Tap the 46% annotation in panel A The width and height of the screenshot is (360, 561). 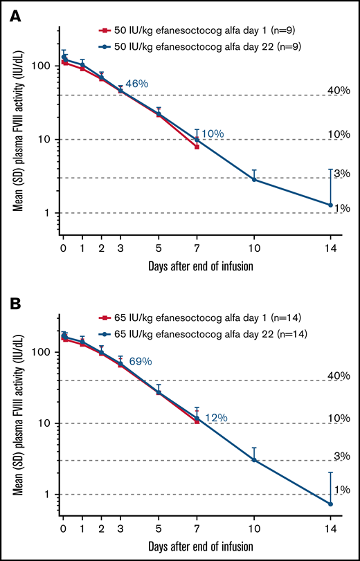136,84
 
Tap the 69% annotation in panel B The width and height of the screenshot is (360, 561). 138,361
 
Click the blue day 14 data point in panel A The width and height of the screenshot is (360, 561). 330,205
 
